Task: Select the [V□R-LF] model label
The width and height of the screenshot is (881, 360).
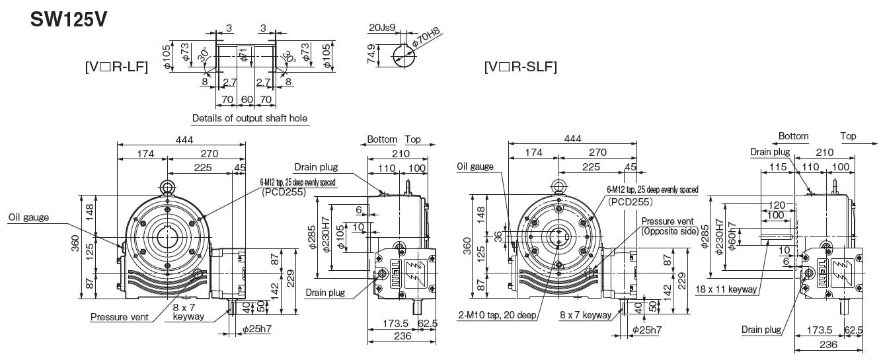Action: point(116,67)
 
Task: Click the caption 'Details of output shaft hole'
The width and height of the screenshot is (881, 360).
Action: point(249,119)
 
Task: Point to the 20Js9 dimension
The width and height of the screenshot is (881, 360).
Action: point(382,28)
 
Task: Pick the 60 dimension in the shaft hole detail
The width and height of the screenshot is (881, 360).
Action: point(247,99)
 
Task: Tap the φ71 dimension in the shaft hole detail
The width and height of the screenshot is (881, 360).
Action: point(243,56)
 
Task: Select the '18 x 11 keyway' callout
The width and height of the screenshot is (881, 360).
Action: point(725,289)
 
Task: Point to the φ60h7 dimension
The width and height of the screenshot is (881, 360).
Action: point(732,236)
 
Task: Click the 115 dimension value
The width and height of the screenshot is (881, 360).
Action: point(777,167)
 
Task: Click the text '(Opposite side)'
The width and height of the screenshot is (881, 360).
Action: point(669,232)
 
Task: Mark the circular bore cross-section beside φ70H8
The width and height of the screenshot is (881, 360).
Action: point(402,55)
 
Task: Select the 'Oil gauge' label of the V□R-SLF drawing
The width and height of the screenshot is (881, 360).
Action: point(475,167)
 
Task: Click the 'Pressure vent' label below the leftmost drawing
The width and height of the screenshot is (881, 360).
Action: point(120,317)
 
